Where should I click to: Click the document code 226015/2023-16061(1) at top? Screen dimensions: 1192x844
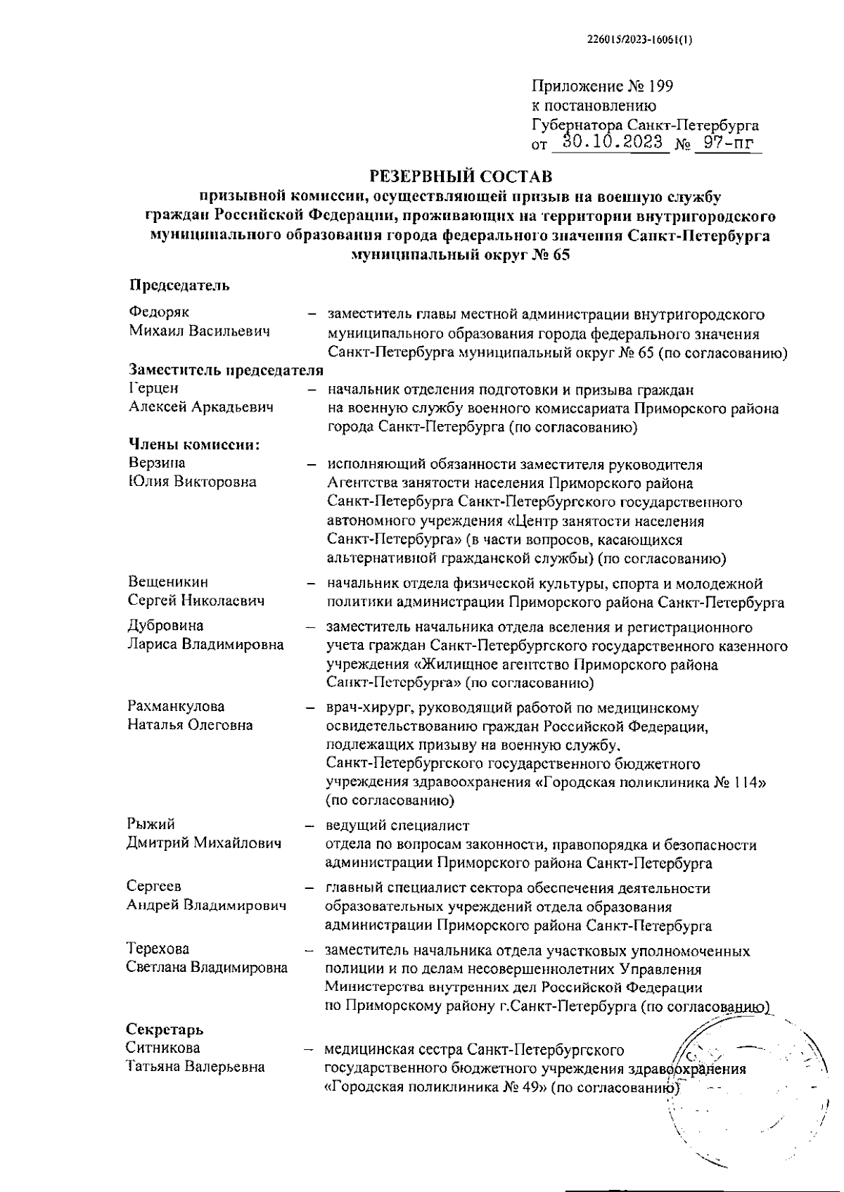click(639, 40)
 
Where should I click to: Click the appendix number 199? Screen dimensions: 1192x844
click(661, 87)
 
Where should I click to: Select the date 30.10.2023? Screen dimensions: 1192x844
click(608, 143)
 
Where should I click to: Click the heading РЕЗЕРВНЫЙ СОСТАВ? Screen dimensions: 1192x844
click(461, 174)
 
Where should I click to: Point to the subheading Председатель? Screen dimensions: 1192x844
click(179, 285)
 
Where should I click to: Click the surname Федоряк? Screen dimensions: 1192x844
click(159, 312)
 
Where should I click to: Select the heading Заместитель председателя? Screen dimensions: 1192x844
click(226, 370)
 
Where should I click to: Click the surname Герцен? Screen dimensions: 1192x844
click(154, 388)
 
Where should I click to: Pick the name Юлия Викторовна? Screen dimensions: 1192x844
click(191, 482)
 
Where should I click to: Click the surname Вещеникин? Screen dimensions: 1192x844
click(168, 582)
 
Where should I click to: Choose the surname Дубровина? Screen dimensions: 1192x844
click(165, 626)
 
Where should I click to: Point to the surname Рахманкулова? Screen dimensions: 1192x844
click(176, 706)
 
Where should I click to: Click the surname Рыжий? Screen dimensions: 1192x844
click(151, 824)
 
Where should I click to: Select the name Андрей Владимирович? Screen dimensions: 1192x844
click(206, 905)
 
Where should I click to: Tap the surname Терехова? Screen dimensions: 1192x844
click(158, 949)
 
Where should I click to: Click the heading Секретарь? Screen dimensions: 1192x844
click(165, 1030)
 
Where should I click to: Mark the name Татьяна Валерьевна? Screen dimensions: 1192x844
click(196, 1067)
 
